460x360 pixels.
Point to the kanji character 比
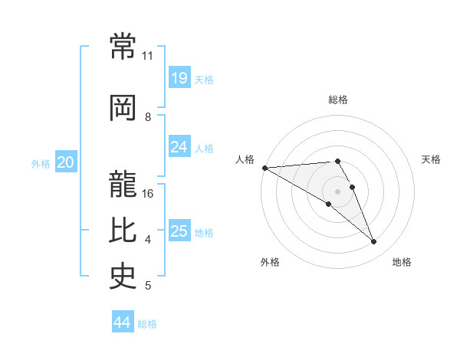pyautogui.click(x=123, y=231)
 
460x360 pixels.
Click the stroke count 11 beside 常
pyautogui.click(x=148, y=56)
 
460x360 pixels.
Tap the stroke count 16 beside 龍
pyautogui.click(x=149, y=194)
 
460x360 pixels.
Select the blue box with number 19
pyautogui.click(x=179, y=78)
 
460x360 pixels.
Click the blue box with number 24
pyautogui.click(x=179, y=147)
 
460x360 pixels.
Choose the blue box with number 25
pyautogui.click(x=179, y=231)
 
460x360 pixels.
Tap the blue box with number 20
pyautogui.click(x=65, y=162)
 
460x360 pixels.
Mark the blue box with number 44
pyautogui.click(x=122, y=323)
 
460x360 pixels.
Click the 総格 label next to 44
pyautogui.click(x=147, y=324)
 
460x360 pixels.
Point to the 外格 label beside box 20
pyautogui.click(x=41, y=163)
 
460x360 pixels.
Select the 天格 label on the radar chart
pyautogui.click(x=432, y=159)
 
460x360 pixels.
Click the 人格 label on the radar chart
pyautogui.click(x=245, y=159)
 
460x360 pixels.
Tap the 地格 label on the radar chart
pyautogui.click(x=402, y=262)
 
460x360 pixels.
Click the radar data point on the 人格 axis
pyautogui.click(x=264, y=168)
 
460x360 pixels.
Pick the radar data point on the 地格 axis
pyautogui.click(x=373, y=242)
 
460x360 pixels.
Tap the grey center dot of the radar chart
pyautogui.click(x=337, y=191)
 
